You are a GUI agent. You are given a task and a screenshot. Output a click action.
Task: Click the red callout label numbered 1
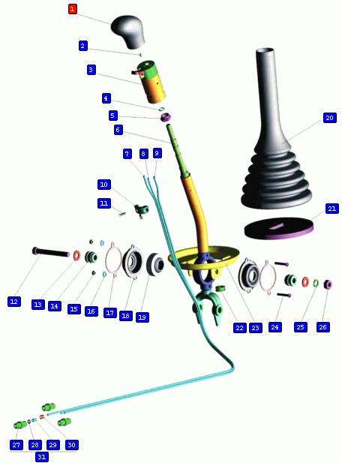tap(72, 8)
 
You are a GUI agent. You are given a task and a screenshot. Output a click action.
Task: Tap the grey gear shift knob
tap(128, 32)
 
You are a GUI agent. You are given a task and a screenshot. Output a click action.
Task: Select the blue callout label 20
tap(329, 118)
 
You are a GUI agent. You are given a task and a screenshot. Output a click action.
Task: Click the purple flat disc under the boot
tap(278, 228)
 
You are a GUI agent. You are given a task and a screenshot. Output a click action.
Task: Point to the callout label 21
tap(332, 209)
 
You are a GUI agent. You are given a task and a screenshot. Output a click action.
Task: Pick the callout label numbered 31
tap(42, 457)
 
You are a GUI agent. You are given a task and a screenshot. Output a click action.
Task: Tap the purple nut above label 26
tap(328, 284)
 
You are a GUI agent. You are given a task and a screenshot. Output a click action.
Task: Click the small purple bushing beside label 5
tap(166, 117)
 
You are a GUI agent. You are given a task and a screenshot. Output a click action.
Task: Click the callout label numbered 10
tap(103, 185)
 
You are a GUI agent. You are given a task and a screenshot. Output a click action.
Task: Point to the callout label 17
tap(110, 313)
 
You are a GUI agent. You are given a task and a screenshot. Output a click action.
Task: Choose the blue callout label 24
tap(274, 327)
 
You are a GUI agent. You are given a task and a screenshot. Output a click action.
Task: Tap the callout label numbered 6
tap(118, 130)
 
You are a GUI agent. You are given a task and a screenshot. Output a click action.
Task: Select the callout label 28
tap(34, 445)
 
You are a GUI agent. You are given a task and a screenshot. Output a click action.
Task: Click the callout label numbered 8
tap(144, 154)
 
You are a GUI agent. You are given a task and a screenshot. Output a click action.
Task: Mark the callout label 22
tap(239, 328)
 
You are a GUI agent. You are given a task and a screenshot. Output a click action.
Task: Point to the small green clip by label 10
tap(141, 210)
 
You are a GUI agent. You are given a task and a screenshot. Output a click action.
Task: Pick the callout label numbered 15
tap(73, 309)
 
